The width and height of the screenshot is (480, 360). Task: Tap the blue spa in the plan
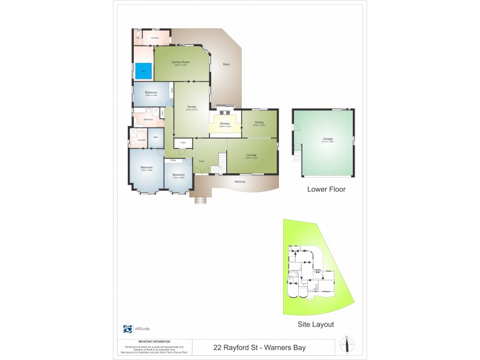[143, 71]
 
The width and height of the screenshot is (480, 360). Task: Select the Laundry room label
[155, 38]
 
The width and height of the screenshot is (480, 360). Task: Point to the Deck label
[226, 64]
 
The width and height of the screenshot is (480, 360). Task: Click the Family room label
[191, 107]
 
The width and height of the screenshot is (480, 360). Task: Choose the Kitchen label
[225, 124]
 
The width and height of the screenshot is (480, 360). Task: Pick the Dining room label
[259, 122]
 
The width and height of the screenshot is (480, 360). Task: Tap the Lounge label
[251, 155]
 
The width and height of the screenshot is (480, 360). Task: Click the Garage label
[328, 139]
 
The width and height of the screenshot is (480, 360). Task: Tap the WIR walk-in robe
[155, 137]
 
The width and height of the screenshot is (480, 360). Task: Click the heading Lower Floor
[326, 189]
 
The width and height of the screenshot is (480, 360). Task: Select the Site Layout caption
[316, 324]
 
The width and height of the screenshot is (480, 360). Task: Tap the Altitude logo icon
[127, 329]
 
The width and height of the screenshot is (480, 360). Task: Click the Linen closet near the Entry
[183, 142]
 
